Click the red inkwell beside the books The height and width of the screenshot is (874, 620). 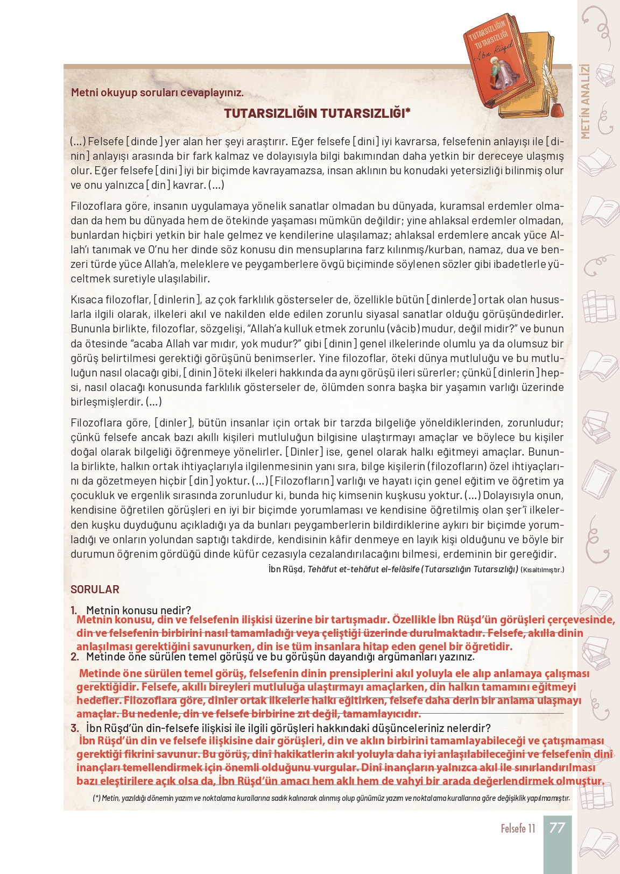pyautogui.click(x=558, y=110)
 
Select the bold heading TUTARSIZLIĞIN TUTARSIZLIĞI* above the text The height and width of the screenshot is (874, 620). pyautogui.click(x=317, y=113)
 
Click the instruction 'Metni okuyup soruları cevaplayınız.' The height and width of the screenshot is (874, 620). pyautogui.click(x=157, y=93)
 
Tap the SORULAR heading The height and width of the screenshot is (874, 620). pyautogui.click(x=95, y=589)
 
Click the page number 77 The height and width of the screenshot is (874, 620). pyautogui.click(x=557, y=827)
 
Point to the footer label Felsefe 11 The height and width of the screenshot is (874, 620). pyautogui.click(x=518, y=828)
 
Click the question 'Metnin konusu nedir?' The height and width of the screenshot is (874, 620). pyautogui.click(x=138, y=610)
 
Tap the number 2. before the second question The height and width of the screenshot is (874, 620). pyautogui.click(x=75, y=657)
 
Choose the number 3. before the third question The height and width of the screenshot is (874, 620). pyautogui.click(x=75, y=728)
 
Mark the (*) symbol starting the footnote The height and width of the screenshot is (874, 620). pyautogui.click(x=96, y=798)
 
